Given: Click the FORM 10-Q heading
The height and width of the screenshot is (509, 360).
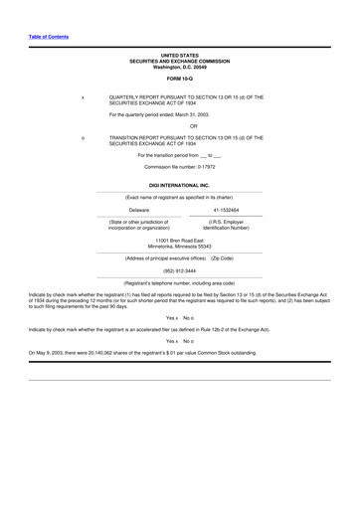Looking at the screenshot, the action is click(x=179, y=78).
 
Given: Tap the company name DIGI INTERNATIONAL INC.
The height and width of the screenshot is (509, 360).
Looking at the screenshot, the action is click(x=179, y=185).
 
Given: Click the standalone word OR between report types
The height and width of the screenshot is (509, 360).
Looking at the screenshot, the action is click(x=179, y=126).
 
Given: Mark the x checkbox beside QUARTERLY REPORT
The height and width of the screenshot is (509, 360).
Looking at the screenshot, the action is click(x=82, y=97).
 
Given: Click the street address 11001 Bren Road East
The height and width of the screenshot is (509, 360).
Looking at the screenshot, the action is click(x=179, y=240).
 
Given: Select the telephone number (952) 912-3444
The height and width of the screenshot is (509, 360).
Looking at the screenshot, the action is click(x=179, y=270).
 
